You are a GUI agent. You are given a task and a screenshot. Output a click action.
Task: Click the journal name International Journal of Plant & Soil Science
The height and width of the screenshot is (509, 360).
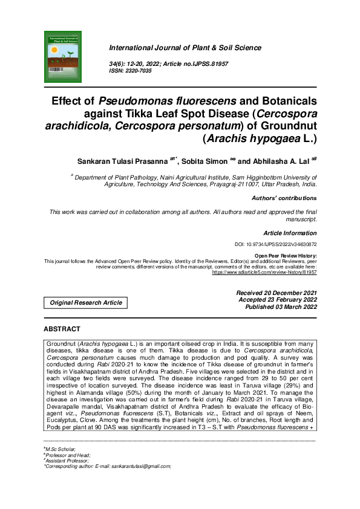185,48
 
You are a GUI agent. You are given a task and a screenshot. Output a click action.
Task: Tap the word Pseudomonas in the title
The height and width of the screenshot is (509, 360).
129,101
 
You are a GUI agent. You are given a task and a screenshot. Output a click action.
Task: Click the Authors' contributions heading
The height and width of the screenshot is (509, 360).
284,198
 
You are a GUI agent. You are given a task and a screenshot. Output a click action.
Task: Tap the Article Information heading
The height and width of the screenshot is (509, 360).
290,233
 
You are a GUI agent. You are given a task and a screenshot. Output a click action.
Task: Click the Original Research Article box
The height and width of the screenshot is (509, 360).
85,302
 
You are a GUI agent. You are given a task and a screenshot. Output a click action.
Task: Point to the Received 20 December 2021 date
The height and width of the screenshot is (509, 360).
277,293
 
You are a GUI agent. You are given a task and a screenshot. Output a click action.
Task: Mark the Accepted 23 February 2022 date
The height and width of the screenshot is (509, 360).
278,300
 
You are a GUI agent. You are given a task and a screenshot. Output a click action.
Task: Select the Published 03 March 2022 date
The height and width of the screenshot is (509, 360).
281,307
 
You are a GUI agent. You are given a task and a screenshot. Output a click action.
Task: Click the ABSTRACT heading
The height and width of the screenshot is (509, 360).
62,329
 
